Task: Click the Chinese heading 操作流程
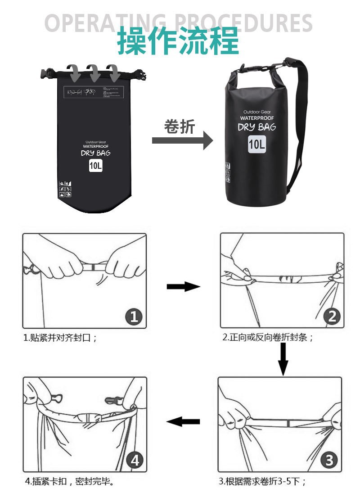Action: click(x=178, y=41)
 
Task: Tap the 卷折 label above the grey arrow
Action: click(x=180, y=127)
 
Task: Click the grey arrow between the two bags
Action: click(x=182, y=140)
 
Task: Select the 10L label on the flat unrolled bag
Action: click(x=95, y=166)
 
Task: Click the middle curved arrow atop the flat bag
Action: click(x=93, y=71)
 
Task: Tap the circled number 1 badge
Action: click(x=134, y=317)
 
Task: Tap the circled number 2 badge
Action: click(x=332, y=317)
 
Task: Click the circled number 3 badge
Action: click(x=329, y=460)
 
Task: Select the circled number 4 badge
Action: click(x=135, y=460)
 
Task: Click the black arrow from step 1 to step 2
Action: click(x=183, y=287)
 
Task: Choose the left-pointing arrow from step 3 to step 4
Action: click(x=183, y=422)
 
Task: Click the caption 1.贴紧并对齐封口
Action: click(x=60, y=338)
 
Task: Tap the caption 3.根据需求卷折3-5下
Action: click(x=262, y=481)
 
